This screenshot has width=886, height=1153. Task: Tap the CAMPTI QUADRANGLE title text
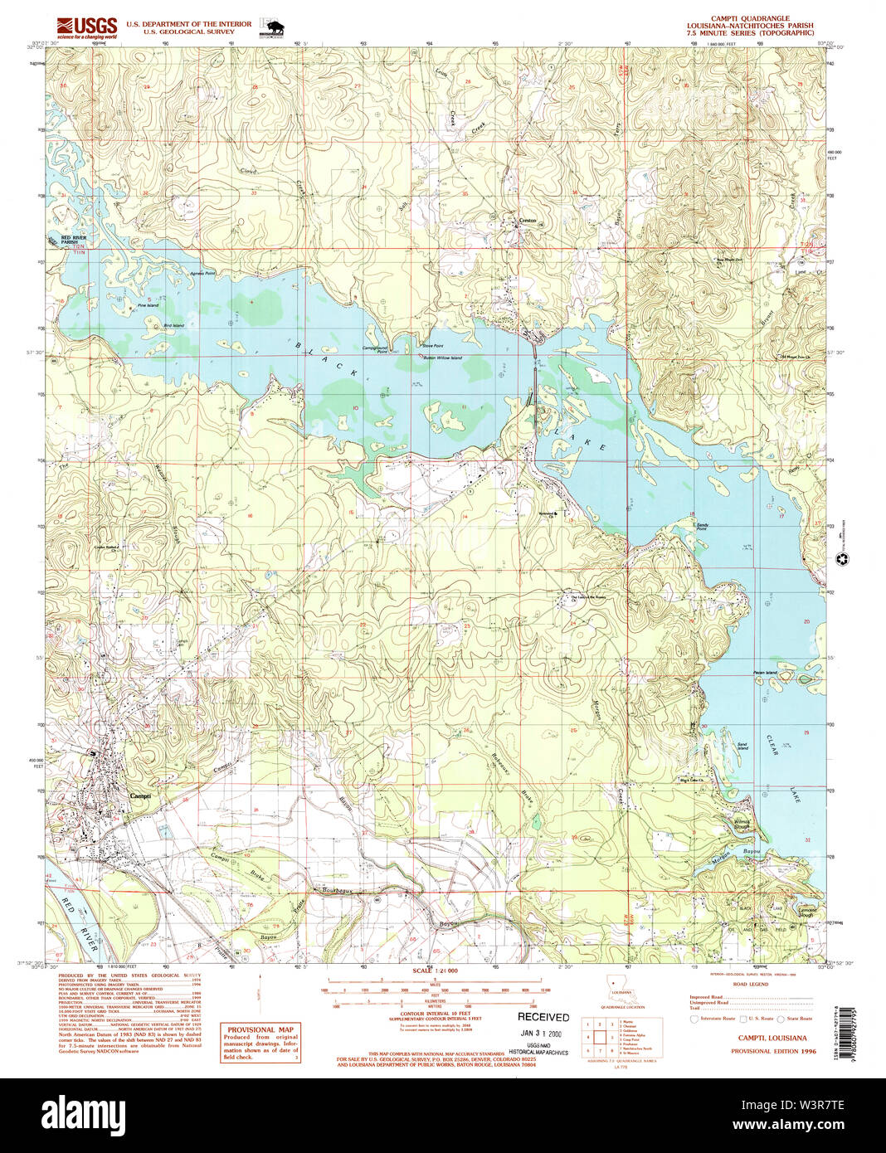pyautogui.click(x=750, y=18)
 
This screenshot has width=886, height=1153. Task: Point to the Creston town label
pyautogui.click(x=528, y=221)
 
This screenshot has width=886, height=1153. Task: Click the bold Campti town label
pyautogui.click(x=140, y=795)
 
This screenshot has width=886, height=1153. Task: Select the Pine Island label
pyautogui.click(x=148, y=306)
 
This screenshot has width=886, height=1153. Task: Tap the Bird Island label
pyautogui.click(x=173, y=326)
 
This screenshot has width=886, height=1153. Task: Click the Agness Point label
pyautogui.click(x=202, y=273)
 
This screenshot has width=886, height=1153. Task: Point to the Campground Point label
pyautogui.click(x=375, y=349)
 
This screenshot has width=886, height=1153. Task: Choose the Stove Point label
pyautogui.click(x=432, y=346)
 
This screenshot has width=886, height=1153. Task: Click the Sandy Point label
pyautogui.click(x=702, y=527)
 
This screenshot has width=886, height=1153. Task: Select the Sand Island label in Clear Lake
pyautogui.click(x=742, y=747)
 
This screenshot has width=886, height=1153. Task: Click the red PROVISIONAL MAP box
pyautogui.click(x=260, y=1042)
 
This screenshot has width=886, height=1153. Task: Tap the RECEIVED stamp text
pyautogui.click(x=543, y=1017)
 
